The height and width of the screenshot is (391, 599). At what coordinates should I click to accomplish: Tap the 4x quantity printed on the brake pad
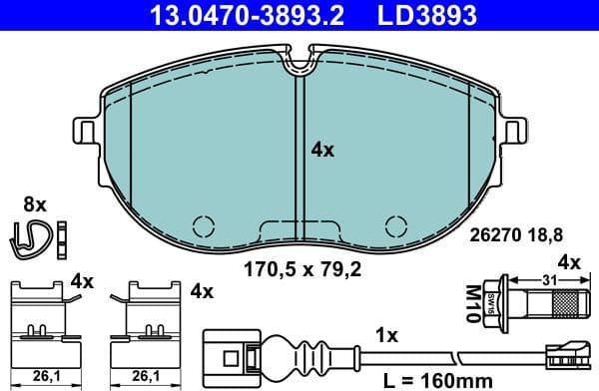322,151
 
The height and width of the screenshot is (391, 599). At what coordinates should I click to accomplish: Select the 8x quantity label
35,203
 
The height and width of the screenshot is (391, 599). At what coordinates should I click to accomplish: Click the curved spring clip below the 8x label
33,235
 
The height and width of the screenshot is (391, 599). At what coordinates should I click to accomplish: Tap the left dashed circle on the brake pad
204,226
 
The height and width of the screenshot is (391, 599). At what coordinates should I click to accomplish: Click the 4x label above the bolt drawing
567,263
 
